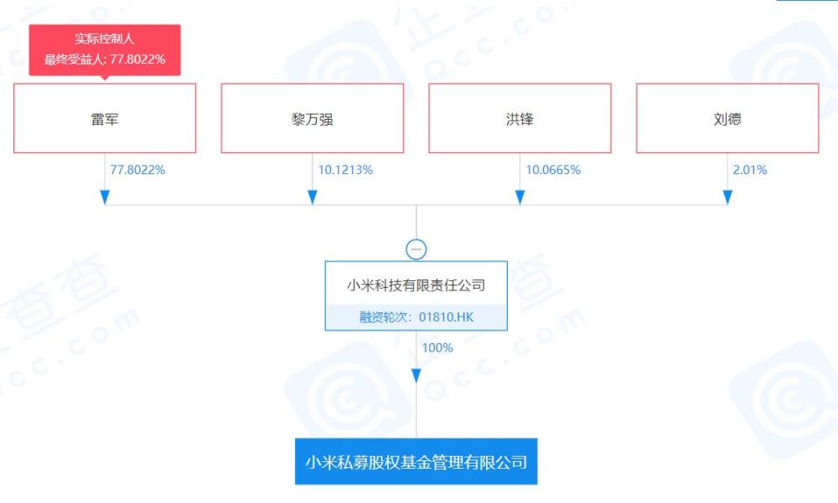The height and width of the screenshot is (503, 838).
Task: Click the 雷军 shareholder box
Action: click(105, 118)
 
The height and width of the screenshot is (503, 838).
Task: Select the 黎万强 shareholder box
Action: click(312, 118)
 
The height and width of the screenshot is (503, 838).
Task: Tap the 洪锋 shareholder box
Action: click(520, 118)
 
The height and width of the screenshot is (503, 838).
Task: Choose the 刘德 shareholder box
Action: click(727, 118)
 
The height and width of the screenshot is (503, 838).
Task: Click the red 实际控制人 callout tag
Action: click(105, 49)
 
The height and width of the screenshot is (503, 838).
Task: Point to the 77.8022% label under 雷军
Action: click(137, 170)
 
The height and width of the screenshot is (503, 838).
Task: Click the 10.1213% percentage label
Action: click(345, 170)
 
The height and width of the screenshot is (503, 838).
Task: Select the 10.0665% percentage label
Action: click(552, 170)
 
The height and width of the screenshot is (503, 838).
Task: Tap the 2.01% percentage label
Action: click(749, 170)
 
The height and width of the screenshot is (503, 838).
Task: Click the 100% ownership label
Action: click(437, 347)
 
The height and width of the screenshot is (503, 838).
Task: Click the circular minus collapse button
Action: click(416, 249)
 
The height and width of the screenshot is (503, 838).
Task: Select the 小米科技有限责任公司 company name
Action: click(416, 285)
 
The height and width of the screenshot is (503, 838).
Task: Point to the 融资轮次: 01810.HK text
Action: click(416, 317)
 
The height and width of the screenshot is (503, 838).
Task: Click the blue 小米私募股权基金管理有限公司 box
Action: click(416, 461)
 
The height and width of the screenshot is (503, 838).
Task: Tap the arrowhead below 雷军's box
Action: click(105, 198)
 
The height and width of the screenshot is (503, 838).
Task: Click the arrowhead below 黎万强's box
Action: click(313, 198)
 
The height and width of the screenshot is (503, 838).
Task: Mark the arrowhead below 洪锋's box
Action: click(520, 198)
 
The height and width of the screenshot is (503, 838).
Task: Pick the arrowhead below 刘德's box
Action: click(727, 198)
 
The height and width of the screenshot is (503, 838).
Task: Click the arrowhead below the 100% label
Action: click(416, 376)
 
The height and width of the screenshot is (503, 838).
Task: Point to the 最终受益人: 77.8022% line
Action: click(105, 59)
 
